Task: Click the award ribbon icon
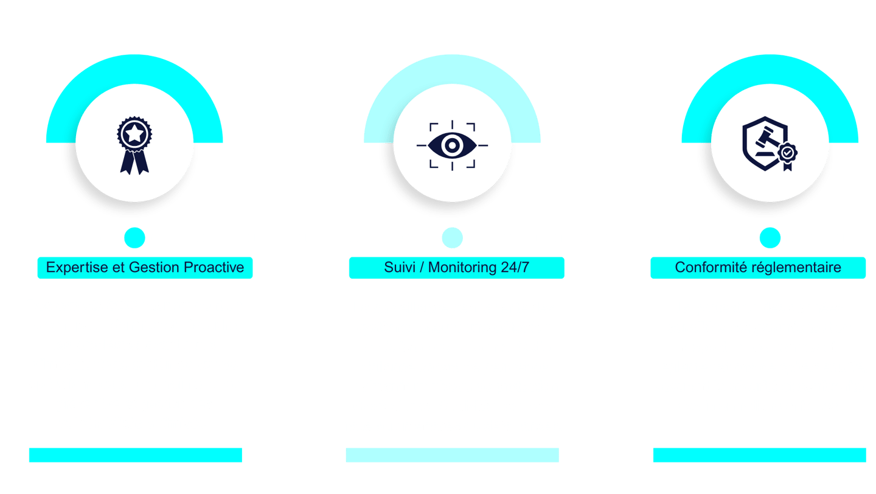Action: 134,145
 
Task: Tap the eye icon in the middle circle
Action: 452,145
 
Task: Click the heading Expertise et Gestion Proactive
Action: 145,267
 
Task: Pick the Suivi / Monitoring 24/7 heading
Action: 456,267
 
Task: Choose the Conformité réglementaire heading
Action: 758,267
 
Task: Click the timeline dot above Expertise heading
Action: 134,237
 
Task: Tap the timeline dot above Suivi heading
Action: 452,237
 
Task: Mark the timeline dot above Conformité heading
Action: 770,237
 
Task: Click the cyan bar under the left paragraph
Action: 135,455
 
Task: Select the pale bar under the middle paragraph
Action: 452,455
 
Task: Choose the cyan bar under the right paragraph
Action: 759,455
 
